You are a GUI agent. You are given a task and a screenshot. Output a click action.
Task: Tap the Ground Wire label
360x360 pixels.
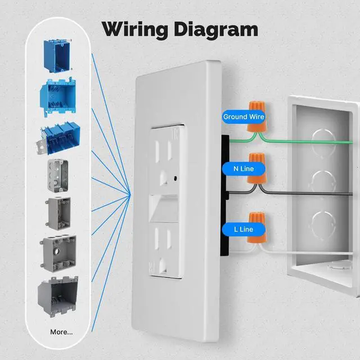244,117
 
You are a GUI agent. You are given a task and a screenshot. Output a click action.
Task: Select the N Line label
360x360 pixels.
244,168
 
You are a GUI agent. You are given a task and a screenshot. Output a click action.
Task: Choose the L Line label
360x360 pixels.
244,229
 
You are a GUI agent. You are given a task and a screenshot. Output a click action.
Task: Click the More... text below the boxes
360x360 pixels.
61,331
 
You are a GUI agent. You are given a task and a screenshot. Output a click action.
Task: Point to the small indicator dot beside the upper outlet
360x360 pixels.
178,179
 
